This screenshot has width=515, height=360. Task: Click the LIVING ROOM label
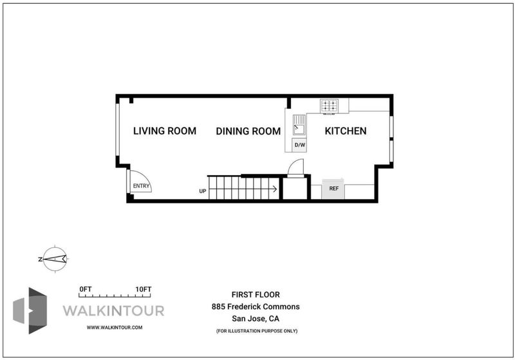click(165, 131)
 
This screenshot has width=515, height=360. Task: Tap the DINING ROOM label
click(248, 131)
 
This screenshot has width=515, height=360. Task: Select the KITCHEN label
click(346, 131)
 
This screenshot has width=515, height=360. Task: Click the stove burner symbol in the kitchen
click(329, 106)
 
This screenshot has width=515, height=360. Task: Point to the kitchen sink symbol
click(299, 125)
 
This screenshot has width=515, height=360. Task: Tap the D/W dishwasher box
click(299, 145)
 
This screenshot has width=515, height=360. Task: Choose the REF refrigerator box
click(333, 189)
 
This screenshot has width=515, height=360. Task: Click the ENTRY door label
click(141, 186)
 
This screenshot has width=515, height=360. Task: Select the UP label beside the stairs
click(203, 191)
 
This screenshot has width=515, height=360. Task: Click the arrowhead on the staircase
click(275, 189)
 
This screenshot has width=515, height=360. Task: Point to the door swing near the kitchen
click(295, 168)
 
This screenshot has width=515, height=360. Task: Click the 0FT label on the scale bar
click(86, 289)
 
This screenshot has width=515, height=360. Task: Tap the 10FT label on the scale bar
click(144, 289)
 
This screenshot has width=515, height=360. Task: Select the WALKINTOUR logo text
click(113, 310)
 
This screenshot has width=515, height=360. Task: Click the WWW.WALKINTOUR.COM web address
click(115, 328)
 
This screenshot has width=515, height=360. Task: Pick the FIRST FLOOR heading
click(256, 295)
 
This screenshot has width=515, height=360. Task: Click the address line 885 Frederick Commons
click(256, 307)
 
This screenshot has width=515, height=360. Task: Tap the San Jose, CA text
click(256, 319)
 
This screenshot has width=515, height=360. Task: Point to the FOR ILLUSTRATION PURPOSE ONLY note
click(257, 331)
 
